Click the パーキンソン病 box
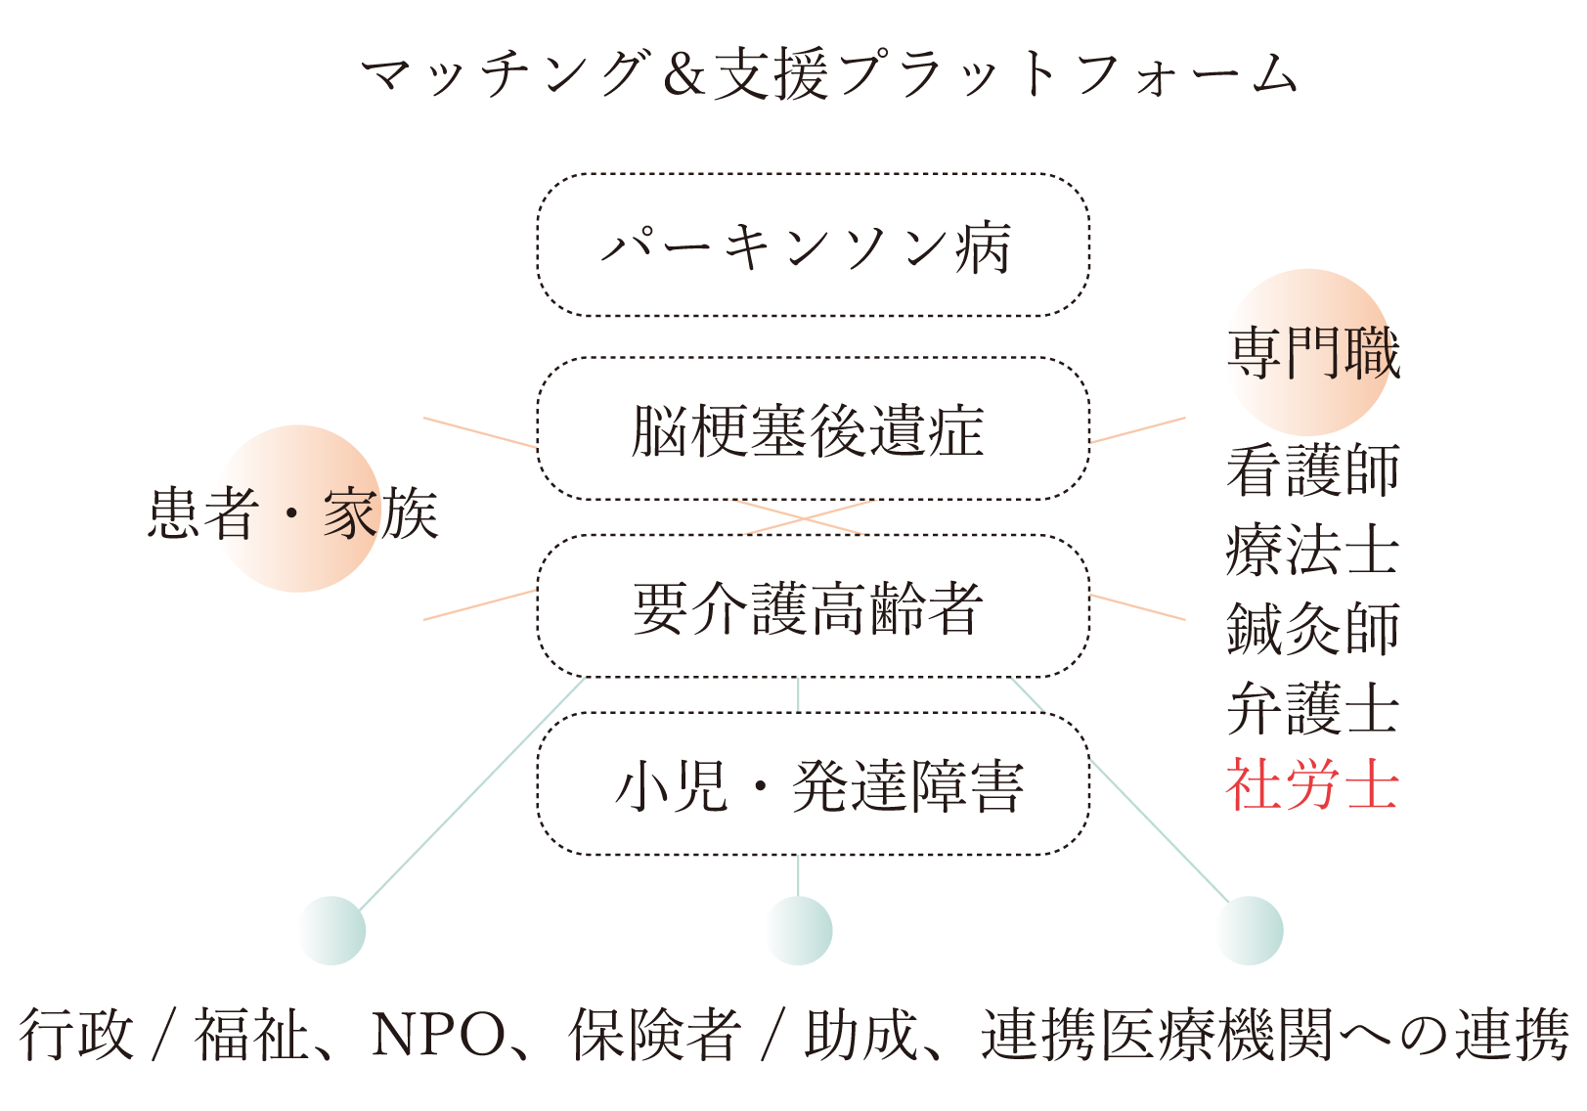tap(813, 245)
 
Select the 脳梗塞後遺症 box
tap(813, 429)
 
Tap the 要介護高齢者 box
tap(813, 606)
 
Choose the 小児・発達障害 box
tap(813, 784)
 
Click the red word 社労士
tap(1312, 784)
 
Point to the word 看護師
tap(1312, 470)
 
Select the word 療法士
tap(1312, 550)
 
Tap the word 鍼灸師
tap(1312, 628)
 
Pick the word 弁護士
tap(1312, 708)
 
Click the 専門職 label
tap(1312, 352)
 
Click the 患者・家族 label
tap(292, 512)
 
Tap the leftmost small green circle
tap(331, 930)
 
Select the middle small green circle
tap(798, 930)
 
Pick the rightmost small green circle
tap(1249, 930)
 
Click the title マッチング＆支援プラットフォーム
tap(829, 74)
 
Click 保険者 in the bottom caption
tap(654, 1035)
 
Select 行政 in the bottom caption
tap(76, 1035)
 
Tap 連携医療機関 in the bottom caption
tap(1158, 1035)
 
